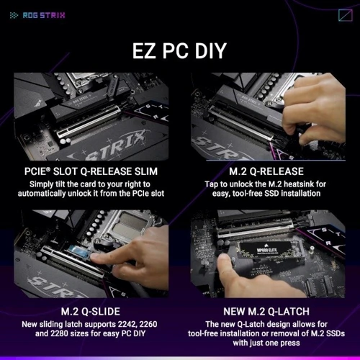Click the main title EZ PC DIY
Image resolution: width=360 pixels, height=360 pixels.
pyautogui.click(x=179, y=50)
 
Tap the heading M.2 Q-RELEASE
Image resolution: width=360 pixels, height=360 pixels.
pyautogui.click(x=266, y=171)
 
